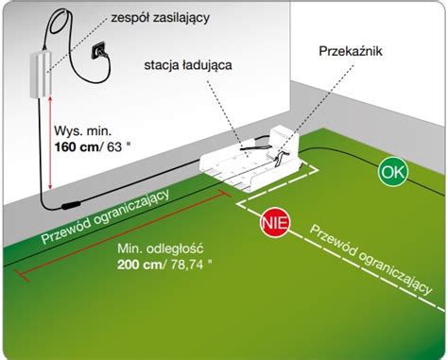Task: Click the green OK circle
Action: [x=392, y=173]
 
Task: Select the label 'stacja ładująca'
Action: [x=188, y=66]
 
